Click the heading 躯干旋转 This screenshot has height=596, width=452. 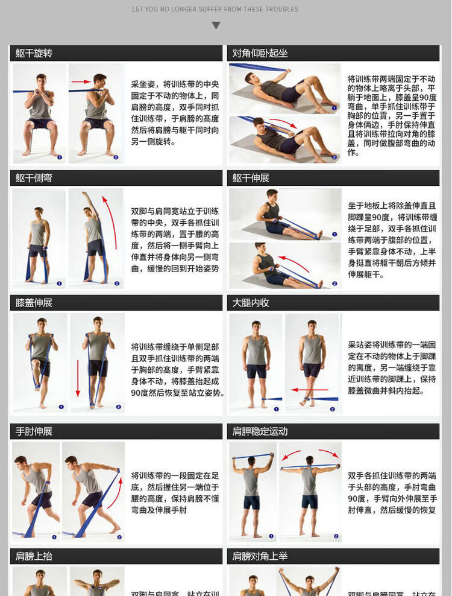pyautogui.click(x=34, y=53)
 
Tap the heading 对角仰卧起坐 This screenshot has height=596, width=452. pyautogui.click(x=260, y=53)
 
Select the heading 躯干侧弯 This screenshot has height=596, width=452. pyautogui.click(x=34, y=178)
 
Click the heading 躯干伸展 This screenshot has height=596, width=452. pyautogui.click(x=251, y=178)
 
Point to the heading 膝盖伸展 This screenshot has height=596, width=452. pyautogui.click(x=34, y=303)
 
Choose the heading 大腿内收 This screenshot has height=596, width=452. pyautogui.click(x=251, y=303)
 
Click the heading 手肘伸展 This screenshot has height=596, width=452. pyautogui.click(x=34, y=431)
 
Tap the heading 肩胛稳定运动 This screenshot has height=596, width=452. pyautogui.click(x=260, y=431)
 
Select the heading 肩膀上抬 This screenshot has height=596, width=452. pyautogui.click(x=34, y=556)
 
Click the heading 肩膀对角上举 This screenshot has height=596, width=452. pyautogui.click(x=260, y=556)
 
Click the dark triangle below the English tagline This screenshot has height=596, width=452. pyautogui.click(x=216, y=25)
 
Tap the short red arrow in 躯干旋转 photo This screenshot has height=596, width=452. pyautogui.click(x=81, y=81)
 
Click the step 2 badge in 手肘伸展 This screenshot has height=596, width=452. pyautogui.click(x=116, y=536)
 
